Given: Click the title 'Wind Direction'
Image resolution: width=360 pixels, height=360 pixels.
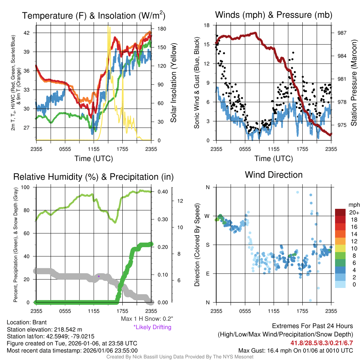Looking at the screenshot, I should (x=274, y=175).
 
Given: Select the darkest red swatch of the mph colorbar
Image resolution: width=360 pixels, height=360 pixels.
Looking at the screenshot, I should (x=341, y=212).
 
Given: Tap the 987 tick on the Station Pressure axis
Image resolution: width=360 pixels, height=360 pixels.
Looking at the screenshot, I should (x=342, y=33).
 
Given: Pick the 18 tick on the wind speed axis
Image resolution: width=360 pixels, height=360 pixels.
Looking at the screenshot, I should (x=207, y=25).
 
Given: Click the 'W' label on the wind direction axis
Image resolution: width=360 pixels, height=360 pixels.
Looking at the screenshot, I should (x=207, y=216).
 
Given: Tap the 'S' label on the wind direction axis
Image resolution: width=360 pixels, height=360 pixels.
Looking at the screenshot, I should (x=207, y=245).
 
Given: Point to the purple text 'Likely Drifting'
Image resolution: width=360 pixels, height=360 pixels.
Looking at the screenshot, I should (x=152, y=327).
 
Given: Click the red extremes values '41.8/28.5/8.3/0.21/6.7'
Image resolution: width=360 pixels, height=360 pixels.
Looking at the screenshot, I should (x=321, y=342).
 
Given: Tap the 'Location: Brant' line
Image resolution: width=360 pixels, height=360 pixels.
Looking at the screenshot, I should (x=27, y=322).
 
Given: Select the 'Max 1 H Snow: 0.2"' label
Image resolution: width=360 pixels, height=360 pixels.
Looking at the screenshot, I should (x=147, y=319).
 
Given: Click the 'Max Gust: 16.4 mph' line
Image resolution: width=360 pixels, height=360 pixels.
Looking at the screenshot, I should (x=295, y=350).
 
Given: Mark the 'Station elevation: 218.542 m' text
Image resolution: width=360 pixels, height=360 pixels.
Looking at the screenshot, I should (x=44, y=329).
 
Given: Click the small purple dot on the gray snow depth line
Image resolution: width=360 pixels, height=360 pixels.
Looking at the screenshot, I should (x=99, y=276).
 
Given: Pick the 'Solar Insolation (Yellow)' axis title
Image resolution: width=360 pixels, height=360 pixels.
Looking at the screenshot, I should (x=173, y=83).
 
